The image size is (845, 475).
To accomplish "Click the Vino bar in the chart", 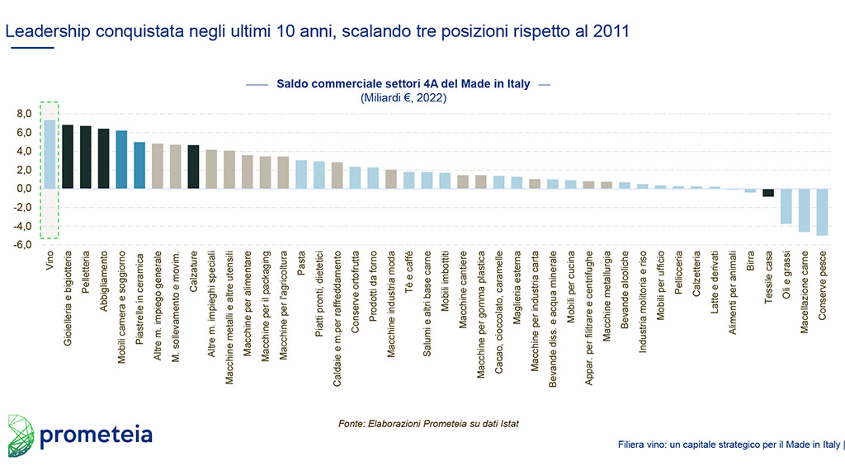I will point(50,154).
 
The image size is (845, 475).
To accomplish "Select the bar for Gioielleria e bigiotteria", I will point(68,157).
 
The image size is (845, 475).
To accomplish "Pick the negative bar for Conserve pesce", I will point(822,212).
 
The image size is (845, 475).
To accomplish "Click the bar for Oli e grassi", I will point(786,206).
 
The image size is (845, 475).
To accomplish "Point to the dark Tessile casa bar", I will point(768,192).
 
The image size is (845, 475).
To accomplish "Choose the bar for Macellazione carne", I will point(804,210).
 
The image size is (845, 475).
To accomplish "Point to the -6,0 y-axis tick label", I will point(22,245).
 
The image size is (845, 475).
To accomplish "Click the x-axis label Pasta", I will point(301,265).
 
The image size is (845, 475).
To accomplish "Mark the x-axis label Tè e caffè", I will point(409,269).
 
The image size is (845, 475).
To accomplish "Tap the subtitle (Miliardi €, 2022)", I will point(404,97).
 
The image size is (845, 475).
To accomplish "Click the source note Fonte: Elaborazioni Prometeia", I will point(428,424).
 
